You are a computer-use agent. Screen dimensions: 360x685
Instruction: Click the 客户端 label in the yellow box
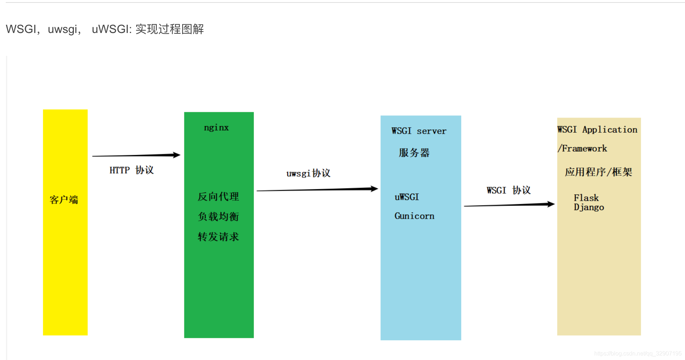[64, 200]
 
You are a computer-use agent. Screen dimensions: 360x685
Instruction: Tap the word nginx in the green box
[216, 128]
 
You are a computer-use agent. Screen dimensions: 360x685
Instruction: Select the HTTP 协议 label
[132, 170]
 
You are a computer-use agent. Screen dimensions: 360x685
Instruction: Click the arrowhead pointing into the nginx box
[176, 155]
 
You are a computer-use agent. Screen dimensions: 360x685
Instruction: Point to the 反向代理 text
[218, 196]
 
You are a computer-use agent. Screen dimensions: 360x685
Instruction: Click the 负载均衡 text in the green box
[218, 217]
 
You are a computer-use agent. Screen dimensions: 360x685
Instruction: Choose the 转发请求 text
[218, 237]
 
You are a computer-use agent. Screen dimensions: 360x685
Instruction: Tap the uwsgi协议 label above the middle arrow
[308, 174]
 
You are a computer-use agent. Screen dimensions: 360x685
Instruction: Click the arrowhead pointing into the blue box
[374, 189]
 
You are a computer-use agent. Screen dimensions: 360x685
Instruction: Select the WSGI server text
[419, 131]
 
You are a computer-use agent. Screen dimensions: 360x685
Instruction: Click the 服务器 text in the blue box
[414, 153]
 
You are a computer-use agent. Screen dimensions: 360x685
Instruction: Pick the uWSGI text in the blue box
[407, 197]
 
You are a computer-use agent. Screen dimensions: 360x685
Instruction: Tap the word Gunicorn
[414, 216]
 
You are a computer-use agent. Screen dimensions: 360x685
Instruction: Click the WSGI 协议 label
[509, 190]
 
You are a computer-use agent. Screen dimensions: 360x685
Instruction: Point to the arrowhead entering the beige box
[551, 204]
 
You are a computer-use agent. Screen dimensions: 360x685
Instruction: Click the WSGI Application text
[597, 130]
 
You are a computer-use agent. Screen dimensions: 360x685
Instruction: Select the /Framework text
[582, 148]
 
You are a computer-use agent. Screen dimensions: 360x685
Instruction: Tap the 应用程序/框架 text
[598, 172]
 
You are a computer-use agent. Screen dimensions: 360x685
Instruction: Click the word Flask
[586, 198]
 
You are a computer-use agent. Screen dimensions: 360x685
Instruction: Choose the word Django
[589, 207]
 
